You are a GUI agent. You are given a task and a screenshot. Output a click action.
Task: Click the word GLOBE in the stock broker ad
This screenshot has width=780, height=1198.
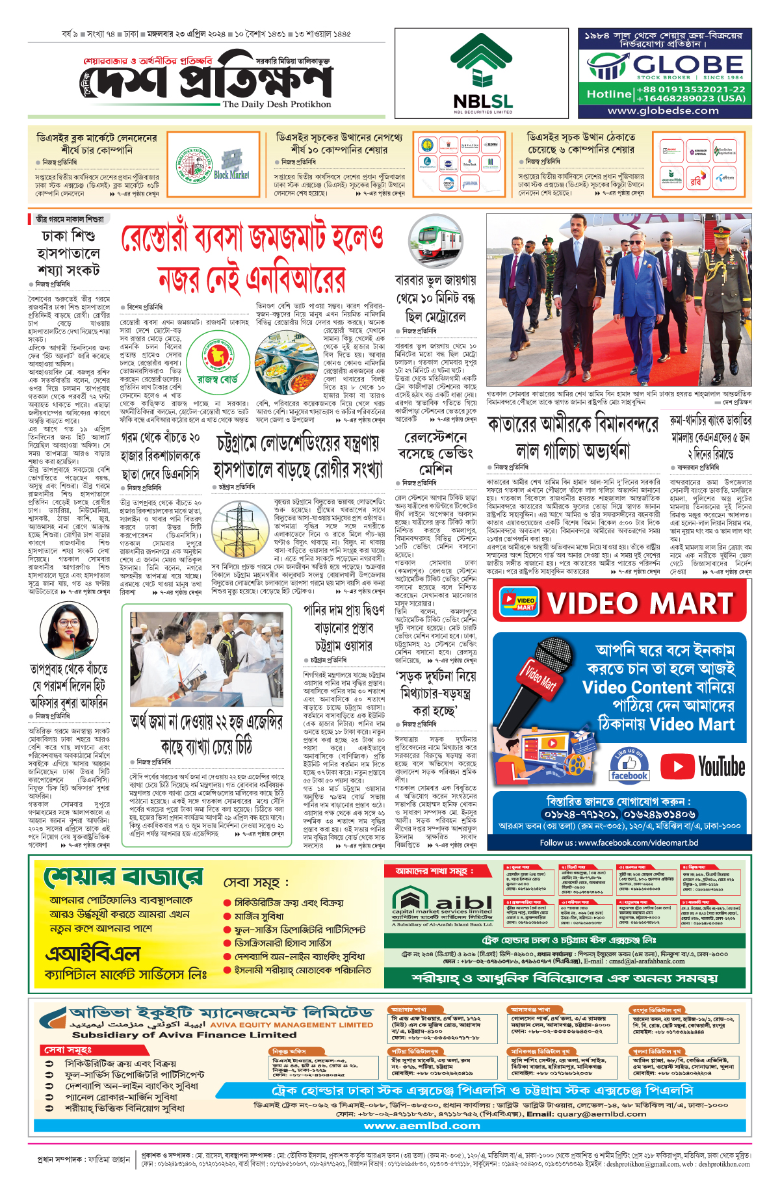click(688, 64)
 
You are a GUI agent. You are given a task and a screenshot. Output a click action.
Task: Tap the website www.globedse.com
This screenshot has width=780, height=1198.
click(663, 111)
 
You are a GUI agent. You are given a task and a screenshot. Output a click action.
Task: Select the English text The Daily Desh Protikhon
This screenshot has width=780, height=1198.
click(276, 104)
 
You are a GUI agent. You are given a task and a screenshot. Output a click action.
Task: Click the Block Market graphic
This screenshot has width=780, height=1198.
click(231, 165)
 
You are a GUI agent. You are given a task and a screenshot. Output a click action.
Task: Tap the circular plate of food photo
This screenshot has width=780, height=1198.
click(286, 362)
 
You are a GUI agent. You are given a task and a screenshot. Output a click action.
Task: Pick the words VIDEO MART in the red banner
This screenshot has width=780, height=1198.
click(640, 603)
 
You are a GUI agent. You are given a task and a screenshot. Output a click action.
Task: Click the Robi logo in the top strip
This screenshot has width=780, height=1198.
click(695, 182)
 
